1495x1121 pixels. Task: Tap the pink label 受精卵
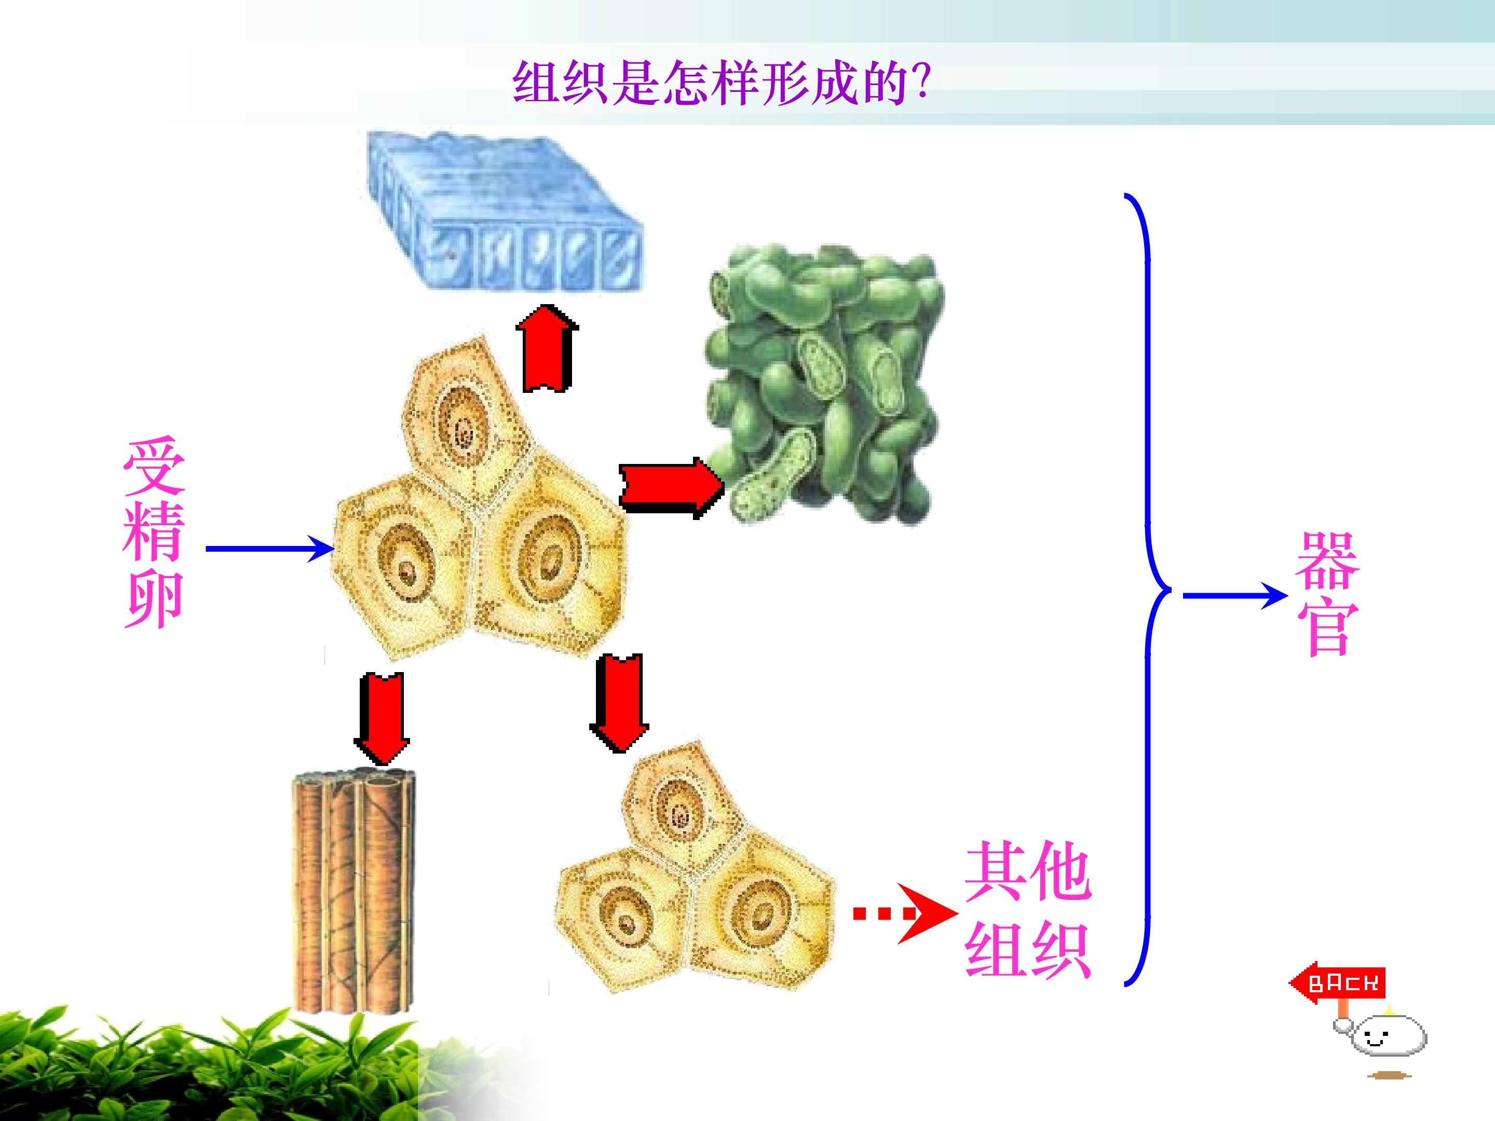(x=154, y=533)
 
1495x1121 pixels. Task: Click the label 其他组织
(x=1028, y=909)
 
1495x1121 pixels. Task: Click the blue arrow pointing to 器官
(x=1235, y=596)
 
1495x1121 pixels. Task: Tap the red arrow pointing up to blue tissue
(x=547, y=348)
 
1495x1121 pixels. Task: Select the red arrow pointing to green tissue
(x=672, y=488)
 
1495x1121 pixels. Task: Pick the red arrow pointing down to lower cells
(x=619, y=703)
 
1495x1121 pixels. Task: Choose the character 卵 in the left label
(x=154, y=600)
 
